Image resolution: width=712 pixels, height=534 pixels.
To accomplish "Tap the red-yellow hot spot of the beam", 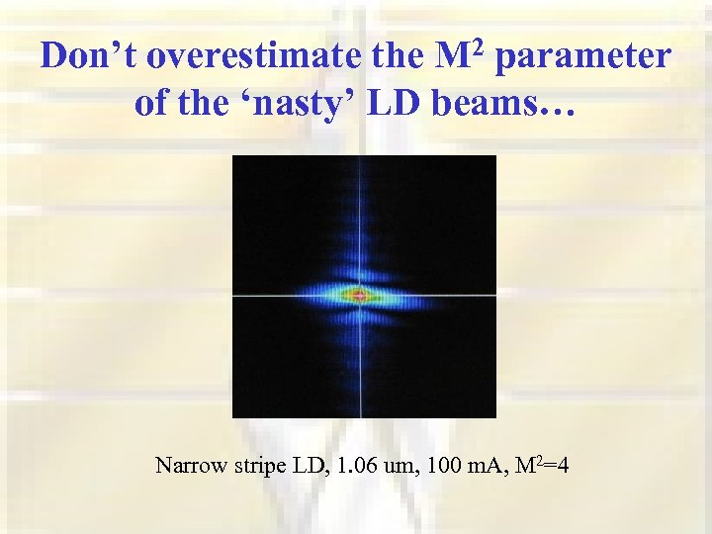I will click(x=357, y=294).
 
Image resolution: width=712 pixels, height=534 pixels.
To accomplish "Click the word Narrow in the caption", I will click(x=187, y=465).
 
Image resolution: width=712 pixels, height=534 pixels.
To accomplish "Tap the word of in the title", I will click(x=151, y=103).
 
